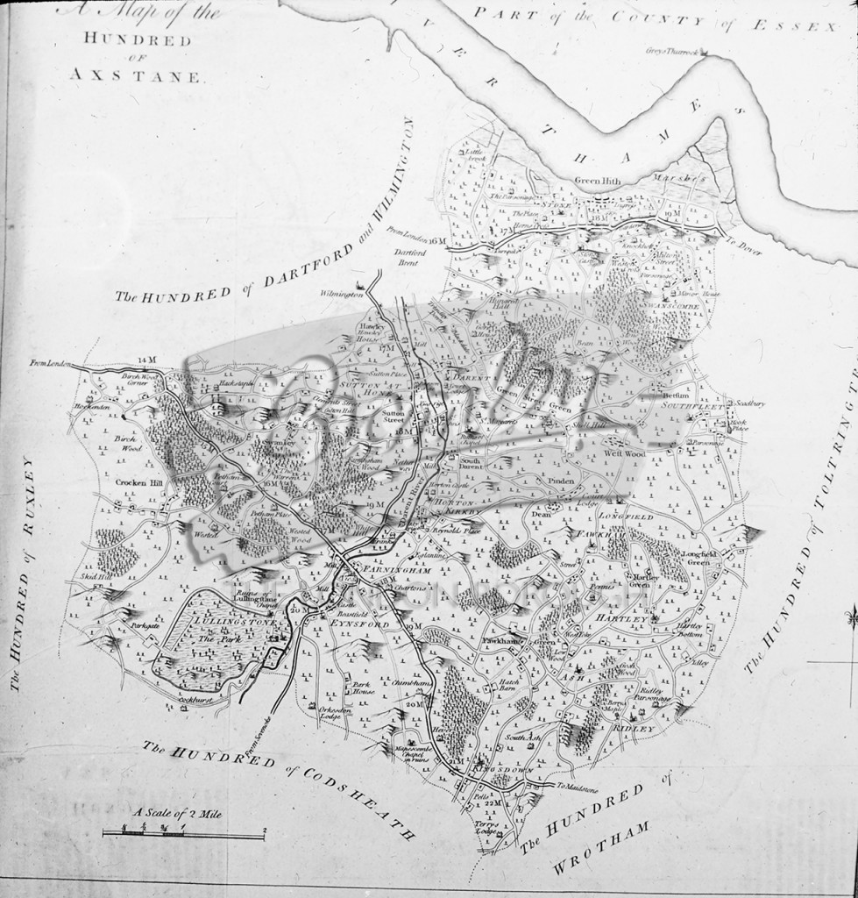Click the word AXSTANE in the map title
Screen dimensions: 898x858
(135, 76)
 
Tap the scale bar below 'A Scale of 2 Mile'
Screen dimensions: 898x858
(183, 834)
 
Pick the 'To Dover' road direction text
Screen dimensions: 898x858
(747, 249)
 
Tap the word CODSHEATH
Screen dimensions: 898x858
(368, 797)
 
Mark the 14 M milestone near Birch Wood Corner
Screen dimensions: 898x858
(145, 360)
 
